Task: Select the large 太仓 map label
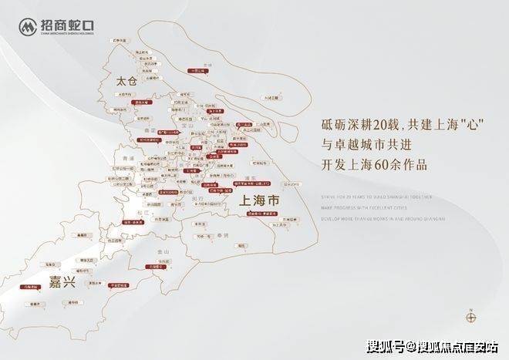tap(123, 81)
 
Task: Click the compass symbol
tap(470, 315)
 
